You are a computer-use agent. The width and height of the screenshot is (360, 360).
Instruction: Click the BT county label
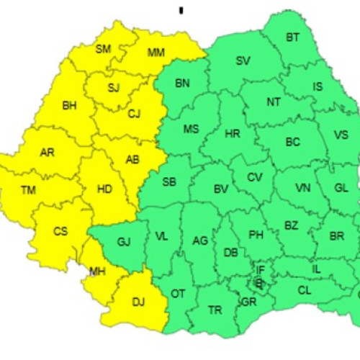click(292, 37)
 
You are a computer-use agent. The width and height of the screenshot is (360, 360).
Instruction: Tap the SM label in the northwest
click(103, 49)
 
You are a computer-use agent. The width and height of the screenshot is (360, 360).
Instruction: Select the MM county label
click(156, 53)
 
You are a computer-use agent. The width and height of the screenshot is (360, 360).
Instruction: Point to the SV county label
click(243, 61)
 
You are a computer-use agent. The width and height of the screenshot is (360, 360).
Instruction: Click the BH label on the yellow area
click(69, 106)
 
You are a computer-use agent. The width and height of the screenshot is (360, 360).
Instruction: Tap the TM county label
click(28, 190)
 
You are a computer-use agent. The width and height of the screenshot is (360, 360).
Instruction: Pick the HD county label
click(104, 190)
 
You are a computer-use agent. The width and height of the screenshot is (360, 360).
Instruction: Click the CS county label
click(60, 232)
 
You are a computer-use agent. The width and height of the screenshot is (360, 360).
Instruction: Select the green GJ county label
click(123, 242)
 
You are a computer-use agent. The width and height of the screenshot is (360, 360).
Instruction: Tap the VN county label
click(303, 189)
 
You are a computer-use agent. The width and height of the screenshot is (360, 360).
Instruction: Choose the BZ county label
click(290, 225)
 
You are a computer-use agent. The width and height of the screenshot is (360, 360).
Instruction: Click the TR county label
click(215, 310)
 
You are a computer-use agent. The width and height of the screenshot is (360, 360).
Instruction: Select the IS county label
click(318, 87)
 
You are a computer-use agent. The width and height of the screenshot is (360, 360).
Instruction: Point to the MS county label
click(191, 130)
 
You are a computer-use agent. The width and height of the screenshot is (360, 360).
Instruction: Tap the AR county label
click(48, 153)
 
